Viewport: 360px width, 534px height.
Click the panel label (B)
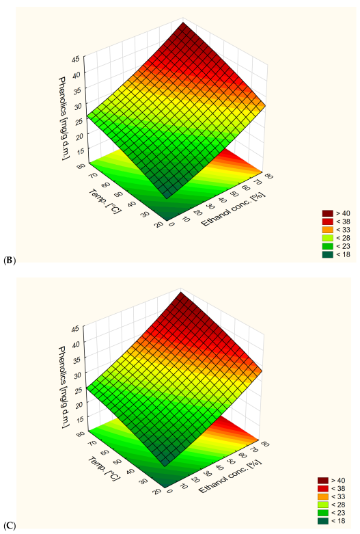(x=9, y=261)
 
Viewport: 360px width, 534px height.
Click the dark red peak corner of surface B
(x=182, y=23)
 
